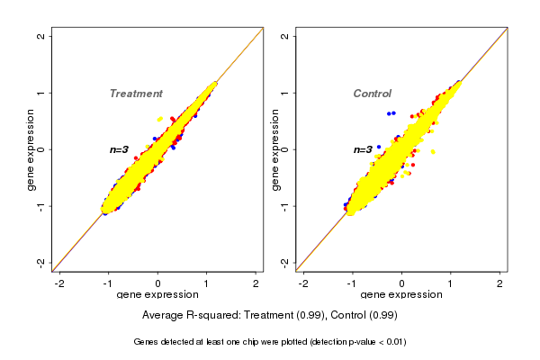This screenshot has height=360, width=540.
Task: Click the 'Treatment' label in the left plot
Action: click(136, 94)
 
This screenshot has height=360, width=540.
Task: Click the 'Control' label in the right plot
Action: click(372, 94)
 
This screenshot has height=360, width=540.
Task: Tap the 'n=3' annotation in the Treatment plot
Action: click(120, 149)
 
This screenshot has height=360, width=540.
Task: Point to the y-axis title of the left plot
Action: click(31, 149)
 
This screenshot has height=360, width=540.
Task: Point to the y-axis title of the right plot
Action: click(275, 149)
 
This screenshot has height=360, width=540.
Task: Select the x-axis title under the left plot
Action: click(157, 295)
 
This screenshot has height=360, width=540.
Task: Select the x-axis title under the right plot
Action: click(401, 295)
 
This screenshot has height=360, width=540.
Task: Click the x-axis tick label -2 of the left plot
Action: click(59, 283)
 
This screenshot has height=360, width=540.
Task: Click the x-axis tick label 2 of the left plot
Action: click(256, 283)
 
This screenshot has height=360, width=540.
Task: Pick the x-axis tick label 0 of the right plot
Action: click(402, 283)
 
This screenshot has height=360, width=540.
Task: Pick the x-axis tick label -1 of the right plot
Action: click(352, 283)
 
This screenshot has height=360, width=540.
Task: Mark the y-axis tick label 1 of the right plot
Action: click(284, 93)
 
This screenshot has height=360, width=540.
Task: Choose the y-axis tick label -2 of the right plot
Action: click(284, 262)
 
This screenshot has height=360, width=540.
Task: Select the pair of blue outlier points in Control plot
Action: click(391, 112)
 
